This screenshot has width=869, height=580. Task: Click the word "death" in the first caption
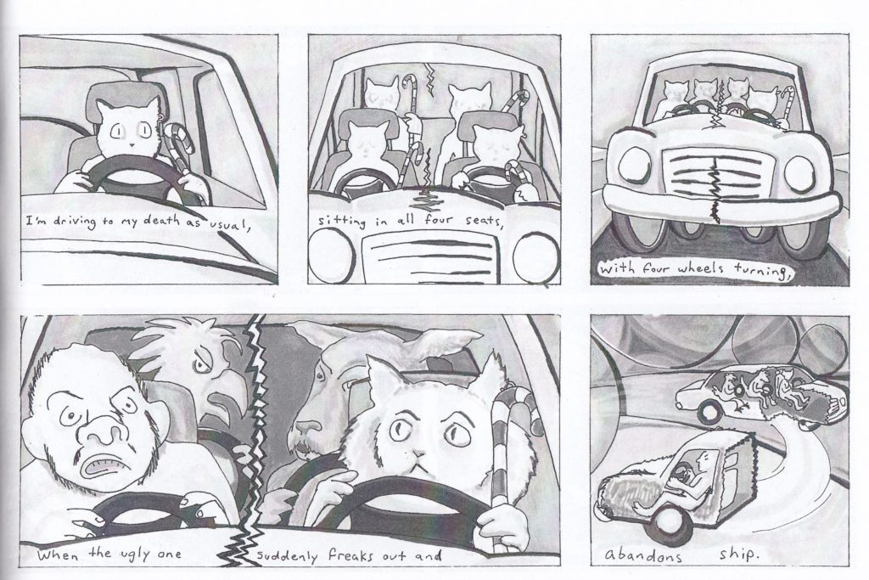tap(161, 220)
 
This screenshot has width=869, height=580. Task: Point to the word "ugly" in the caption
tap(132, 554)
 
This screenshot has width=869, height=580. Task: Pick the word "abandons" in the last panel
tap(643, 555)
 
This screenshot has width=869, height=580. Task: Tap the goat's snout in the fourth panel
tap(306, 429)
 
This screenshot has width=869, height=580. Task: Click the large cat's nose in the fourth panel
tap(420, 453)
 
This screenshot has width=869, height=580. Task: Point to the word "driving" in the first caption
tap(76, 222)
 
